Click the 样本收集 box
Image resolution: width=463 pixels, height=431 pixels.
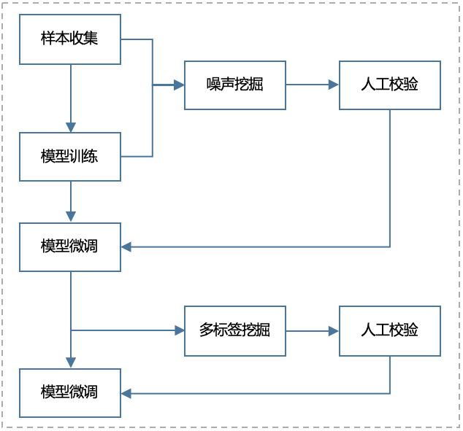(x=70, y=39)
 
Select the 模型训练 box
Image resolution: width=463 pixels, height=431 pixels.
(x=70, y=156)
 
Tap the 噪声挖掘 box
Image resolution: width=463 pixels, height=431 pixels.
(x=234, y=85)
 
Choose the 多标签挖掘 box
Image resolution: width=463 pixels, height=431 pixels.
(x=234, y=330)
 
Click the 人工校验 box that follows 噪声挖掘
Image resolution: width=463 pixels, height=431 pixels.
(x=389, y=85)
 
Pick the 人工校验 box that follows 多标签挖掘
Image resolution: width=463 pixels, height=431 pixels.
(x=389, y=330)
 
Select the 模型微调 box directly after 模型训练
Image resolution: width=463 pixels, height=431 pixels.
(x=70, y=246)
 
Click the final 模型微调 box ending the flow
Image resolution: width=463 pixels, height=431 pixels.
(x=70, y=392)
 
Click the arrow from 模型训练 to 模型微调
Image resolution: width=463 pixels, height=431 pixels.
(x=71, y=201)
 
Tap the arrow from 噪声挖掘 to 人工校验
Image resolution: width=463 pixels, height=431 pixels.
(x=312, y=85)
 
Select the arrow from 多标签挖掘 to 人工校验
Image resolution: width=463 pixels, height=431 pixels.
(x=312, y=330)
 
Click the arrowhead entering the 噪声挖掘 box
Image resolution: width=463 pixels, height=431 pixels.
(x=179, y=85)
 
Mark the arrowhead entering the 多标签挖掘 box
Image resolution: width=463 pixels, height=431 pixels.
(x=180, y=330)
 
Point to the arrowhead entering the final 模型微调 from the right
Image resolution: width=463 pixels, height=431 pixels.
(x=126, y=393)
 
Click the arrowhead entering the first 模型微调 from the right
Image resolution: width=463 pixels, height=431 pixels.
(x=126, y=247)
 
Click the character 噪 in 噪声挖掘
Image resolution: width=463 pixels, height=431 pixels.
(x=214, y=85)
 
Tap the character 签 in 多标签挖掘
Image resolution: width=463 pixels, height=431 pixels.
(x=234, y=330)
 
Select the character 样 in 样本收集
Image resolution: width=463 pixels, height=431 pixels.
(x=48, y=39)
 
